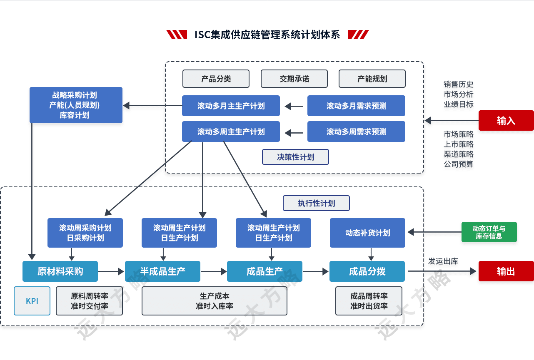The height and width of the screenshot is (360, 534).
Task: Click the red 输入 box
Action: pos(506,121)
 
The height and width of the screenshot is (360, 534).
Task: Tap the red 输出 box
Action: pos(506,271)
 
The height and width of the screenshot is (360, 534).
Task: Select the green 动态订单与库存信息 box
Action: pos(489,232)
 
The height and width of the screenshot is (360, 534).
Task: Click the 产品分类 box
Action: pos(216,79)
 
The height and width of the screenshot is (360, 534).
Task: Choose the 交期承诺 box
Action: pos(294,79)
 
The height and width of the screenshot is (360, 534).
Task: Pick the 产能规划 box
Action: pos(372,79)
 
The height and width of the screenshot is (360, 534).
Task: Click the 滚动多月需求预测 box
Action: pos(356,106)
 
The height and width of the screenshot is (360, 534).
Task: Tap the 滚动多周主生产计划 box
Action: pos(231,132)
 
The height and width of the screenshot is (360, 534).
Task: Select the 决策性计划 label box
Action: pos(295,157)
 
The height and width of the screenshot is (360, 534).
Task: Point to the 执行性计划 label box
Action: pos(316,203)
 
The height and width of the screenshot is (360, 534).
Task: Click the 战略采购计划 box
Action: pos(76,105)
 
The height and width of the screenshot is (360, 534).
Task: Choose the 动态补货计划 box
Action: pos(367,233)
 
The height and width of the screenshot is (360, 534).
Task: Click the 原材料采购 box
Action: pos(60,271)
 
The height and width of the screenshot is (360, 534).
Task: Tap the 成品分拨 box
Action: pos(367,271)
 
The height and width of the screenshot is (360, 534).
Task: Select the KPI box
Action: pos(32,300)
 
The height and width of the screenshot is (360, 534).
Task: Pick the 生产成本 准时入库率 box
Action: pos(214,300)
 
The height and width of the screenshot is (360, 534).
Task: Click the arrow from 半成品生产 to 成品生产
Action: pos(213,272)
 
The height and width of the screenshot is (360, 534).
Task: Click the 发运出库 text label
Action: pos(443,262)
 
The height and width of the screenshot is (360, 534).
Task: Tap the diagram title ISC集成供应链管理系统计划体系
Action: pos(267,35)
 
